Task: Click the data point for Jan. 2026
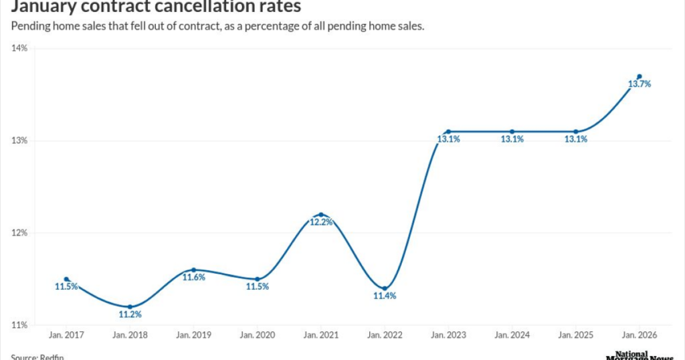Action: (x=640, y=76)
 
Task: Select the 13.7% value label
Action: (x=640, y=84)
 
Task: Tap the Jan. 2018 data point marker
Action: (x=130, y=306)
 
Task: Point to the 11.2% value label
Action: (x=130, y=314)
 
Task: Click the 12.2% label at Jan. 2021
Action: (x=321, y=223)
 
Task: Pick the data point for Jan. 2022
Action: (x=385, y=288)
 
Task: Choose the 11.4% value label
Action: (x=385, y=296)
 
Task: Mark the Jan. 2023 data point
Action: (x=448, y=132)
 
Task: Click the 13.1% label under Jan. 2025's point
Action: (x=576, y=140)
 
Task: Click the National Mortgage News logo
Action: (x=640, y=355)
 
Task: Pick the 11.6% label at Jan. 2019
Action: (x=193, y=278)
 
